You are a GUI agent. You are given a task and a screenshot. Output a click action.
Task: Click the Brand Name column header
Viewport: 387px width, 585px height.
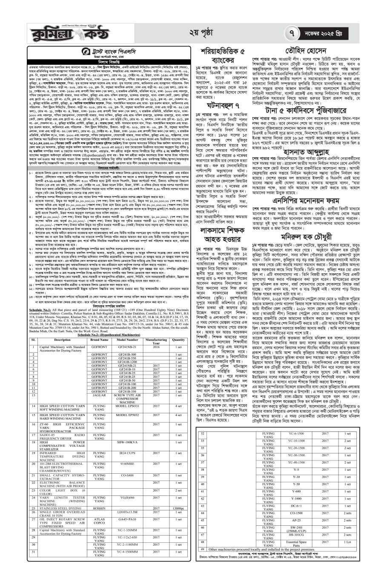pos(99,340)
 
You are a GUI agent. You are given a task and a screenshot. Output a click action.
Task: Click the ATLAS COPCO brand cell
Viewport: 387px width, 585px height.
pos(99,521)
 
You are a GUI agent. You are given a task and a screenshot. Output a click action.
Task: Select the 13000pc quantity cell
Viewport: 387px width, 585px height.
pos(179,508)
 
